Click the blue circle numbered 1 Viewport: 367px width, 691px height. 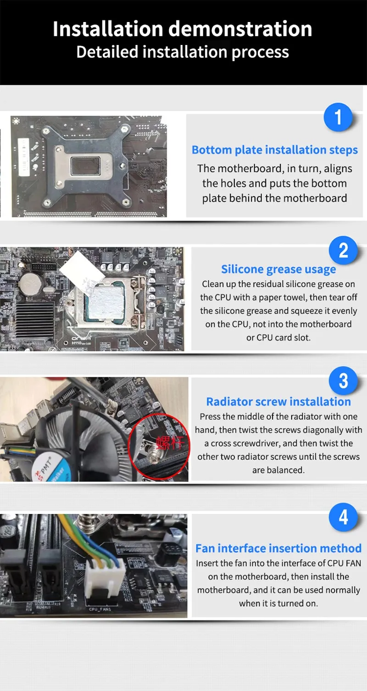(338, 117)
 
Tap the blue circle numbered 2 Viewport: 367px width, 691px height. (343, 250)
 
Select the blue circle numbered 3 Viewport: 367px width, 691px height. (343, 381)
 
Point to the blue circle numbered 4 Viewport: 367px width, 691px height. (343, 517)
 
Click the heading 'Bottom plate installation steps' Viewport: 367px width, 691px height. (275, 150)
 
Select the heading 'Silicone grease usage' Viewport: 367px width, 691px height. (278, 270)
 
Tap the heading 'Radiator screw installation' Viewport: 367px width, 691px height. (278, 402)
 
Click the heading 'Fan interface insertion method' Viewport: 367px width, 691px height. (278, 548)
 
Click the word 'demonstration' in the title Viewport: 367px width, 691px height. (240, 29)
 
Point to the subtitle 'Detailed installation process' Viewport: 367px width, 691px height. (183, 52)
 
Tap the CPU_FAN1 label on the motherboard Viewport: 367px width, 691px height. (100, 609)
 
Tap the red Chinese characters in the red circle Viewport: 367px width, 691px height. (170, 443)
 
